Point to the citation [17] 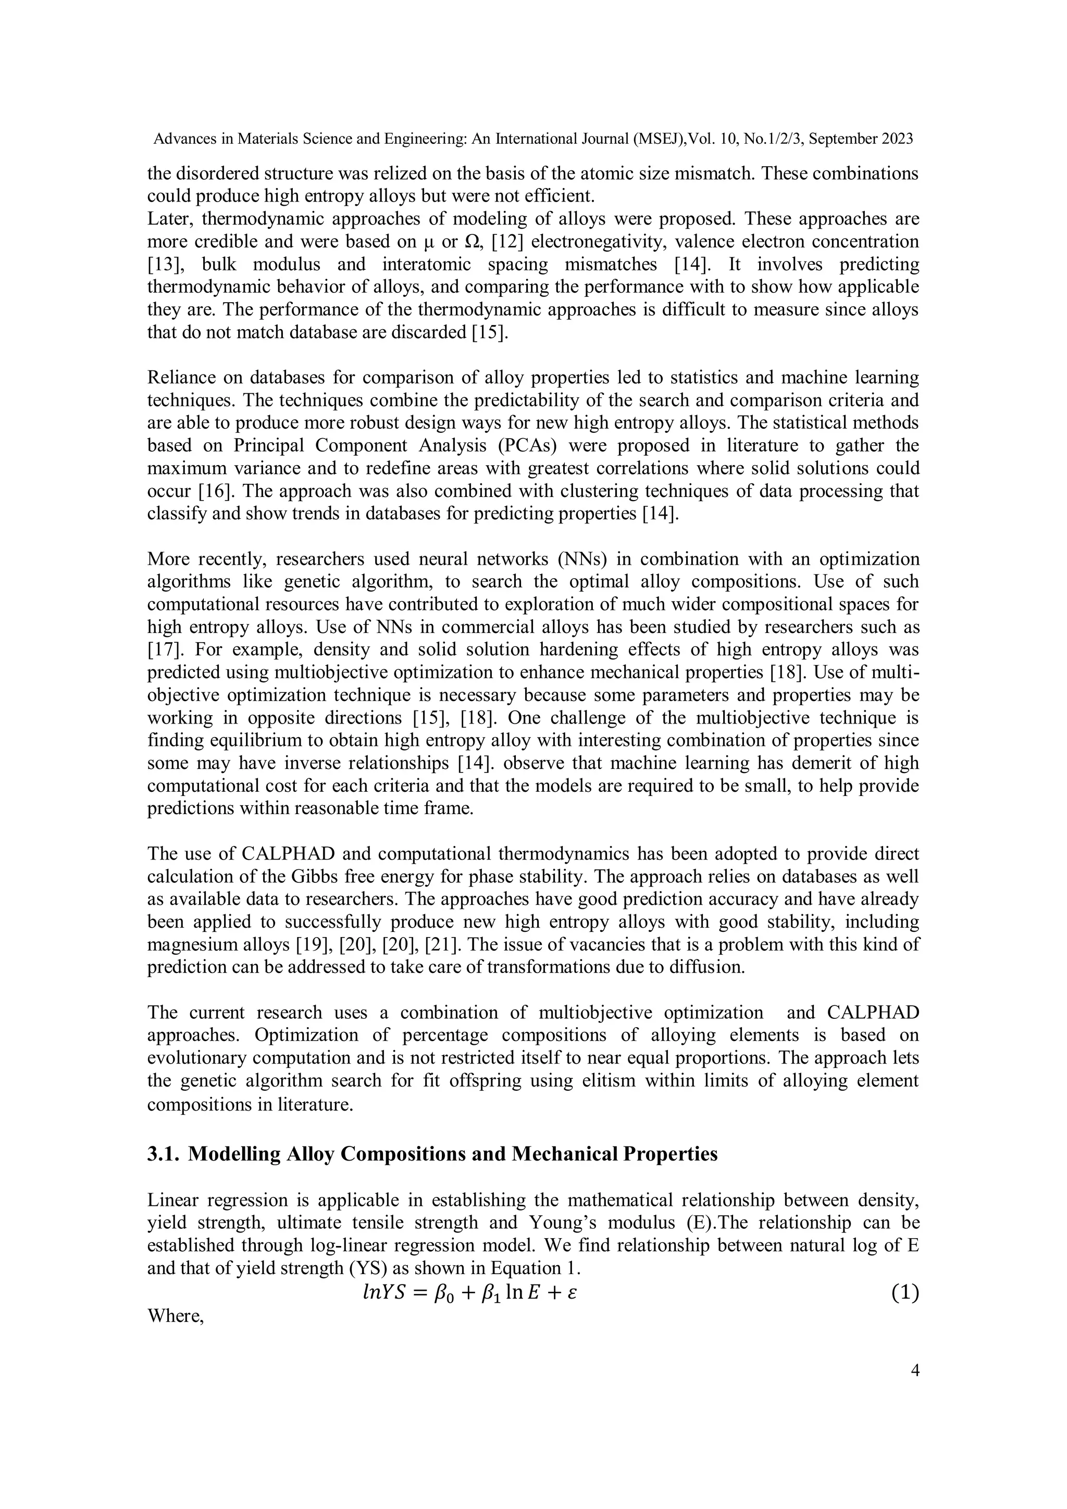click(x=163, y=650)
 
